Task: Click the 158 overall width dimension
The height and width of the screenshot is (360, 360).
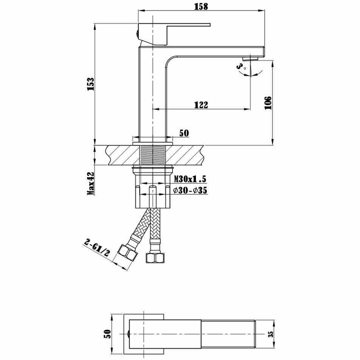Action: click(x=201, y=6)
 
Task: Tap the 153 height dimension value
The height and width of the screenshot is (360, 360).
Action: click(x=91, y=84)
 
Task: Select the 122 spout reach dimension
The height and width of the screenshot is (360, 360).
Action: click(x=201, y=105)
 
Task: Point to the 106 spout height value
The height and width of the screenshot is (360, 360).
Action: click(x=268, y=103)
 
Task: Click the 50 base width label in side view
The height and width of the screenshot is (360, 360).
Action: click(x=184, y=133)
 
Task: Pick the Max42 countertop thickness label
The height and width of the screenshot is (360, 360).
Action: click(x=91, y=183)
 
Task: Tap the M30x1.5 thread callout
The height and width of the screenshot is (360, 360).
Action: click(x=190, y=178)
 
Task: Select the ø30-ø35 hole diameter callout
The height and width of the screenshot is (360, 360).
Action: click(x=190, y=190)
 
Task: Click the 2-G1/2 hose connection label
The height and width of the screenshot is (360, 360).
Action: click(x=97, y=248)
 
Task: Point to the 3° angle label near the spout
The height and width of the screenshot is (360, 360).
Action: click(x=241, y=67)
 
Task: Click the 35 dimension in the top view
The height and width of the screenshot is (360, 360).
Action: click(x=271, y=334)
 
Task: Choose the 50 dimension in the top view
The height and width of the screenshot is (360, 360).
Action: click(x=107, y=334)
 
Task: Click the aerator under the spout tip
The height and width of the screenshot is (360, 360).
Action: click(x=251, y=59)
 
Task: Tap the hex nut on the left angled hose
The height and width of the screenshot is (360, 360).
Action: click(x=128, y=253)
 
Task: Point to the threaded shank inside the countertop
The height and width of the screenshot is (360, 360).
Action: click(x=153, y=155)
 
